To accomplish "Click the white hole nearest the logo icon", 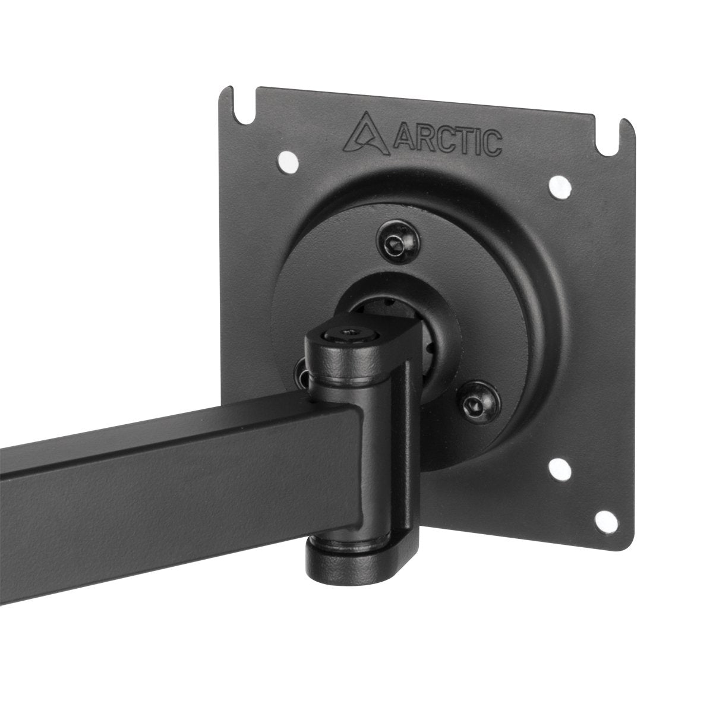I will (288, 162).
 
